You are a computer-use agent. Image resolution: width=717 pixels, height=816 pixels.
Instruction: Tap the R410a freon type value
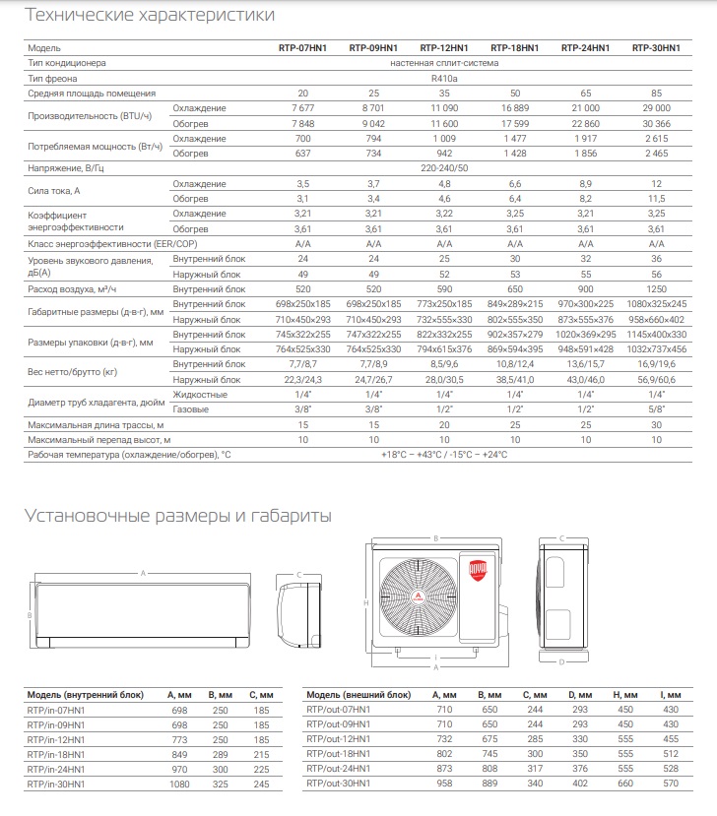(x=443, y=78)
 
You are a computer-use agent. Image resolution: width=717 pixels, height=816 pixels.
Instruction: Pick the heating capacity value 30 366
(x=655, y=123)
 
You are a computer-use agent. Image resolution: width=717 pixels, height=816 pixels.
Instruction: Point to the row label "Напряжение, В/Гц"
(x=67, y=169)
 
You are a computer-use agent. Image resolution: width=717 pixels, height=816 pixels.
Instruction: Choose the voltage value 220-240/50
(x=443, y=169)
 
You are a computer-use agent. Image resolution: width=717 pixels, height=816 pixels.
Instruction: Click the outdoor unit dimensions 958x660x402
(x=655, y=321)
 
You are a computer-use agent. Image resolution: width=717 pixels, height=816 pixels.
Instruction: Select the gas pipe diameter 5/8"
(x=655, y=408)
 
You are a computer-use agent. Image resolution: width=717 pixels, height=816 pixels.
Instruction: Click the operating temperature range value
(x=443, y=455)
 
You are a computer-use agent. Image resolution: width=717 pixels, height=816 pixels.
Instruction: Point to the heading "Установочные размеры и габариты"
(x=177, y=516)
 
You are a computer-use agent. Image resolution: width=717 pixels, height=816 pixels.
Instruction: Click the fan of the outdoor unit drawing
(x=417, y=598)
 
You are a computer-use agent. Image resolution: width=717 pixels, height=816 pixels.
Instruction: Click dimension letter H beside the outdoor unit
(x=365, y=602)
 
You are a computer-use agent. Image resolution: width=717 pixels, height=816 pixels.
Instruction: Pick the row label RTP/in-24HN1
(x=56, y=768)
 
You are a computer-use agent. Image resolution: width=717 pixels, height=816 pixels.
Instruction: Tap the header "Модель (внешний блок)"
(x=354, y=694)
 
